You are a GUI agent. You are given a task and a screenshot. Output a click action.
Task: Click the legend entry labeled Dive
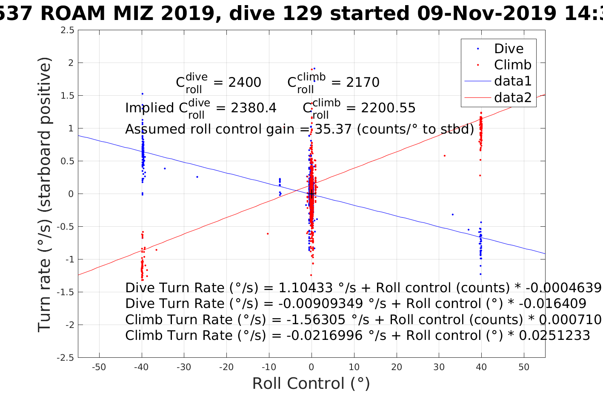(x=509, y=48)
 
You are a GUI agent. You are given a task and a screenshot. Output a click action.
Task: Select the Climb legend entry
(x=512, y=65)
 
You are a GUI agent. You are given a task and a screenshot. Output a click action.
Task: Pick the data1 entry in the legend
(x=512, y=81)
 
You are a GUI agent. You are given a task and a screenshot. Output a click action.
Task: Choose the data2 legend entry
(x=512, y=97)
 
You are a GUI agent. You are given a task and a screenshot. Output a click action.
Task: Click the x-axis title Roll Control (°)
(x=311, y=383)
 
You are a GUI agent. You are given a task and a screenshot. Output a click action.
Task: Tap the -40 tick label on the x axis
(x=141, y=367)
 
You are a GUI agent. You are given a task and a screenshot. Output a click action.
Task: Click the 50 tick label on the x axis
(x=524, y=367)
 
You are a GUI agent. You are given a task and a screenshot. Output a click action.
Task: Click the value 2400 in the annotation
(x=245, y=82)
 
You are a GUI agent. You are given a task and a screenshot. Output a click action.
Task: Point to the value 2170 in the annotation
(x=363, y=82)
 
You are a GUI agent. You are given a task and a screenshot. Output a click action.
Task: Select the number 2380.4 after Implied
(x=254, y=108)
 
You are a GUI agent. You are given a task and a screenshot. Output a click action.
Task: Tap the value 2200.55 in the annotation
(x=388, y=108)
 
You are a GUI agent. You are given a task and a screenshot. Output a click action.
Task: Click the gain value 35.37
(x=333, y=129)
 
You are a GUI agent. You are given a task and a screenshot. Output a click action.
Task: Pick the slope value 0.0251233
(x=554, y=336)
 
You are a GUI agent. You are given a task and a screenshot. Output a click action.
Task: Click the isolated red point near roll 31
(x=444, y=156)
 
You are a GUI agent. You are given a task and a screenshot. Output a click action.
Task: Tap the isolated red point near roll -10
(x=268, y=234)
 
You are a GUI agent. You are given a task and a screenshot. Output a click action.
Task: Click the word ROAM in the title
(x=72, y=14)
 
